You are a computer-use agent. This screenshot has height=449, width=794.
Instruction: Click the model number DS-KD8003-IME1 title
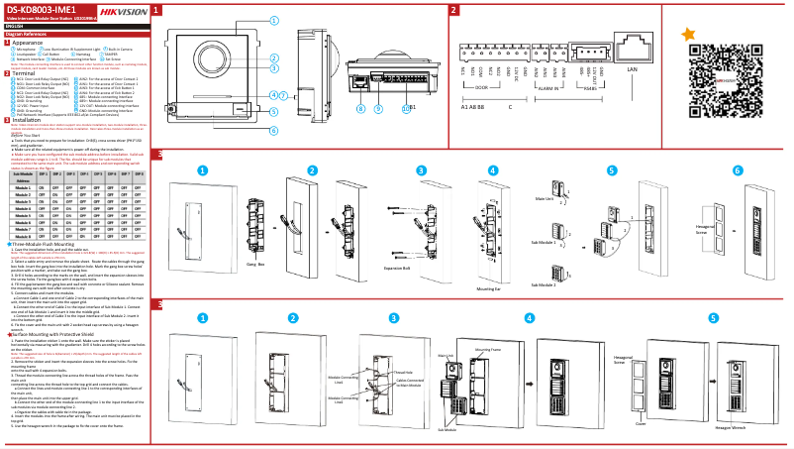pyautogui.click(x=36, y=9)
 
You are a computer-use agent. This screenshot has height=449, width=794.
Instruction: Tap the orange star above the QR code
pyautogui.click(x=688, y=34)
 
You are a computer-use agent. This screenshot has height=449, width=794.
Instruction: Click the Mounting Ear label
pyautogui.click(x=488, y=288)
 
